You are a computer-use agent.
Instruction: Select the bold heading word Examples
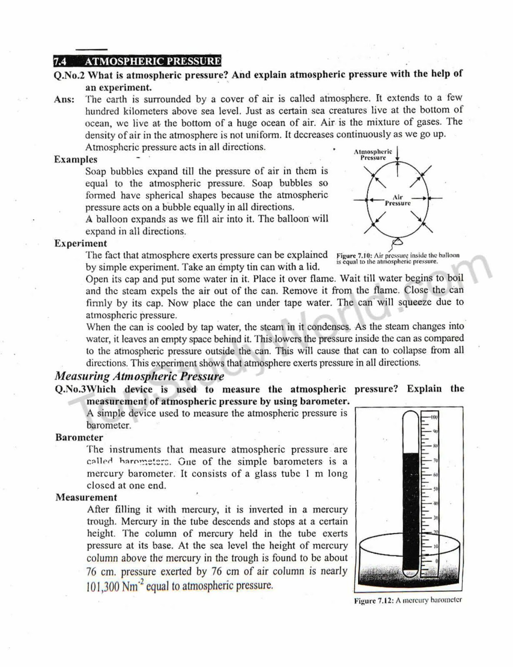tap(75, 160)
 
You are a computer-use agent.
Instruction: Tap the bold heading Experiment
tap(80, 243)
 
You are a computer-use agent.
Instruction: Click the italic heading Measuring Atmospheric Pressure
tap(139, 376)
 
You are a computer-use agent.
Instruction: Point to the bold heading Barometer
tap(79, 438)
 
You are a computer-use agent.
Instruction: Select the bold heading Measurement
tap(86, 497)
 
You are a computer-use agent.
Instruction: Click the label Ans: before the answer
tap(64, 100)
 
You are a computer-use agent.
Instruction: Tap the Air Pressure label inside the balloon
tap(398, 200)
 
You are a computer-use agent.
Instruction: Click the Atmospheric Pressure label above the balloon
tap(373, 154)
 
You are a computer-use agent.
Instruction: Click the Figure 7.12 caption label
tap(373, 601)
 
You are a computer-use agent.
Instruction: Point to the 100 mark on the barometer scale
tap(434, 417)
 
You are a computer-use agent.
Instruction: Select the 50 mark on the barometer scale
tap(435, 489)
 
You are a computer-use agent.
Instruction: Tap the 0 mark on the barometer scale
tap(436, 561)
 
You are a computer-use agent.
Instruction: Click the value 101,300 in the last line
tap(103, 587)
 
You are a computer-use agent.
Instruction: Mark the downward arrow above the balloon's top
tap(398, 154)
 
